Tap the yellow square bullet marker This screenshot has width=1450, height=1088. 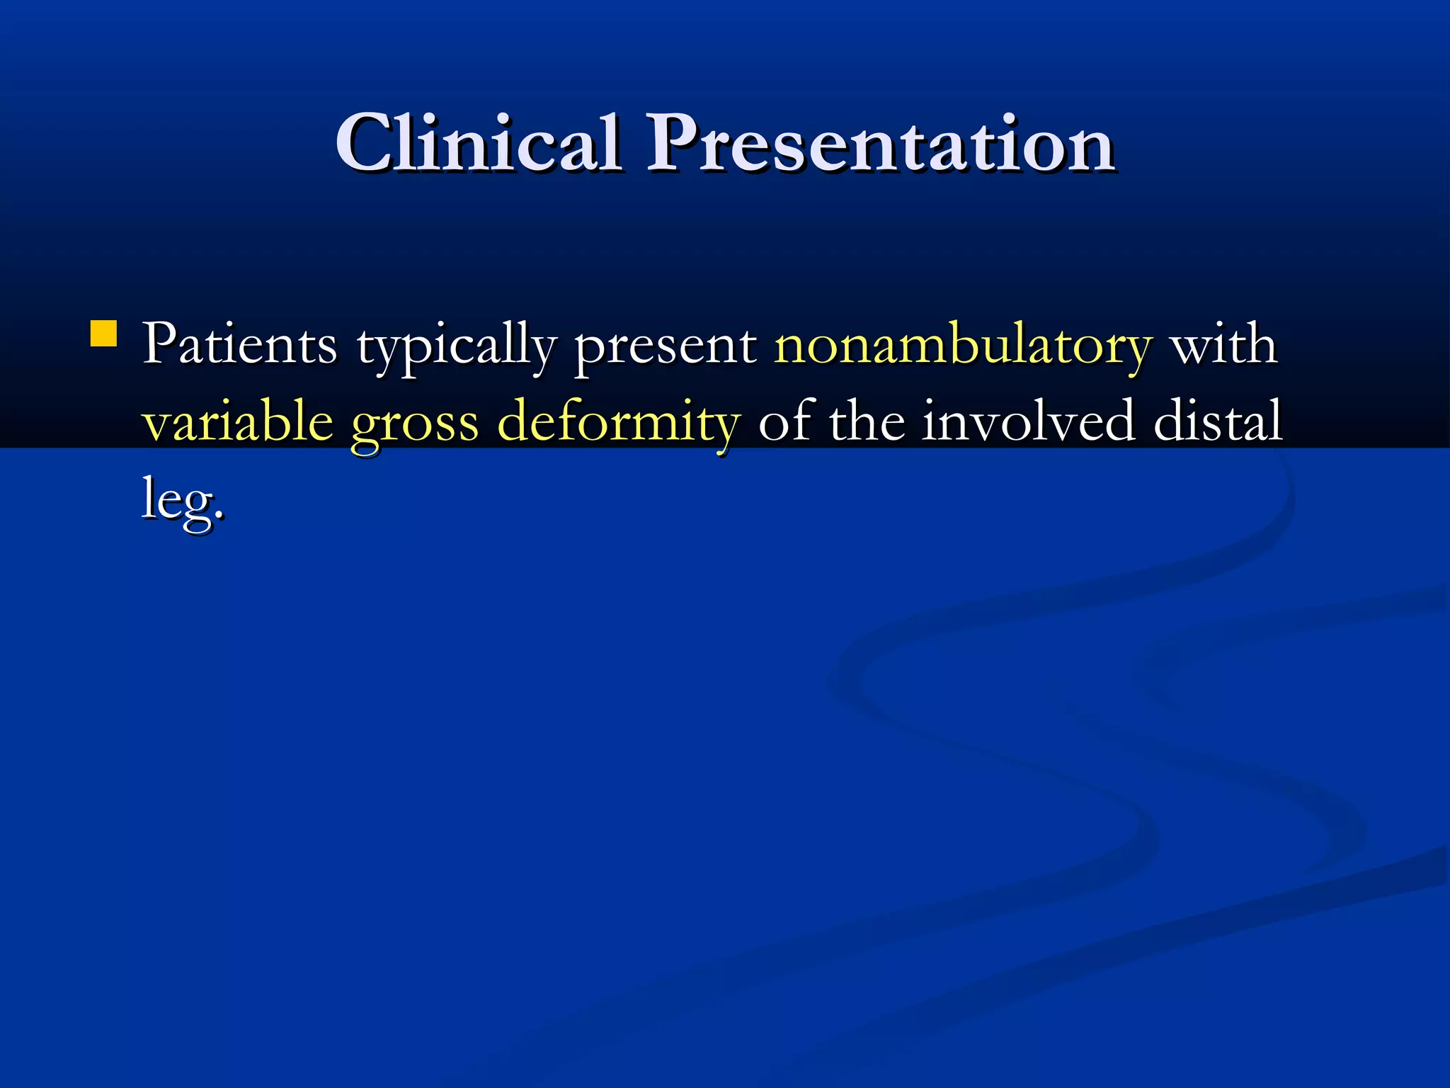tap(104, 334)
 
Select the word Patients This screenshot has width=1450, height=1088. tap(239, 344)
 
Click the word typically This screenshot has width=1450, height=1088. tap(457, 347)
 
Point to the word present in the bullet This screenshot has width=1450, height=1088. tap(665, 347)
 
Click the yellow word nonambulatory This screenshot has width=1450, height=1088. tap(963, 347)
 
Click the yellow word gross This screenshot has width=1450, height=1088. tap(415, 425)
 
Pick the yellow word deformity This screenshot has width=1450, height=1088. tap(619, 422)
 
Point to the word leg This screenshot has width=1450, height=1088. tap(177, 500)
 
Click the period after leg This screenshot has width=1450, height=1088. tap(219, 515)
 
